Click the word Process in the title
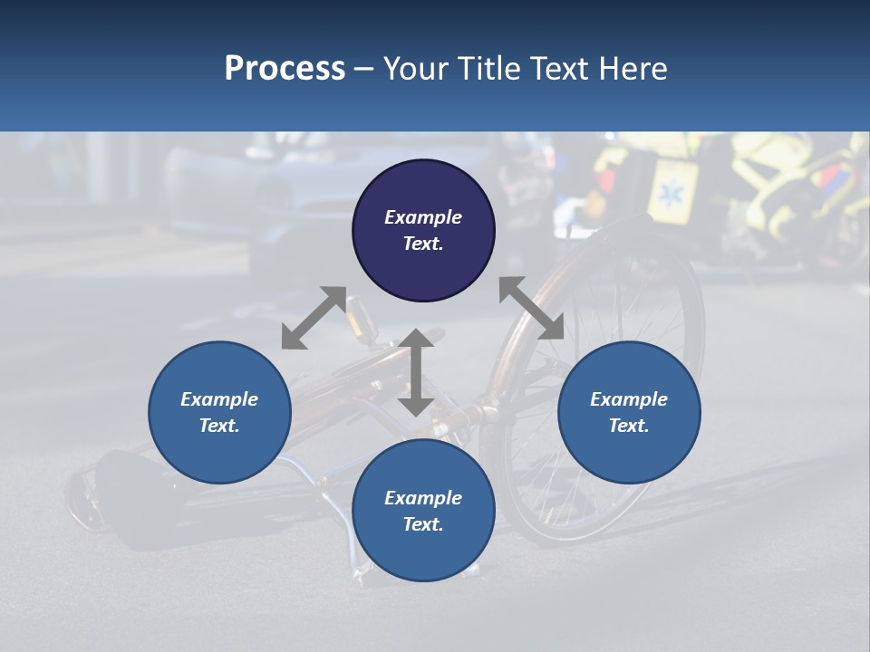pyautogui.click(x=285, y=69)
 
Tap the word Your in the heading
pyautogui.click(x=416, y=69)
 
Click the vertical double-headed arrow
pyautogui.click(x=416, y=372)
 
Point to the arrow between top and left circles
pyautogui.click(x=314, y=318)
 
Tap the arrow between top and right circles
pyautogui.click(x=532, y=308)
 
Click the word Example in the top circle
pyautogui.click(x=423, y=217)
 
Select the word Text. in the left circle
pyautogui.click(x=219, y=426)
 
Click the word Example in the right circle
pyautogui.click(x=629, y=399)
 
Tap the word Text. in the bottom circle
pyautogui.click(x=423, y=524)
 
